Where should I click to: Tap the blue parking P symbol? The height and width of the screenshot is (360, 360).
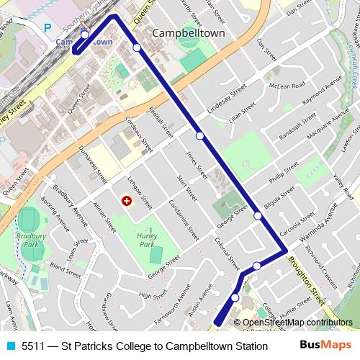[48, 27]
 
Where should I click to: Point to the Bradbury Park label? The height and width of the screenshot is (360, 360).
[29, 238]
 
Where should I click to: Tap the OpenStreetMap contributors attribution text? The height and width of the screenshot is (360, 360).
[297, 323]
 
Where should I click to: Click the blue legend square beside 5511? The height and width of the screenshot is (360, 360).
[9, 346]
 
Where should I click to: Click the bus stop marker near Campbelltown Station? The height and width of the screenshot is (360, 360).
[85, 35]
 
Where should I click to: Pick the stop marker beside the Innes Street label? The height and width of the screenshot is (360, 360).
[199, 135]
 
